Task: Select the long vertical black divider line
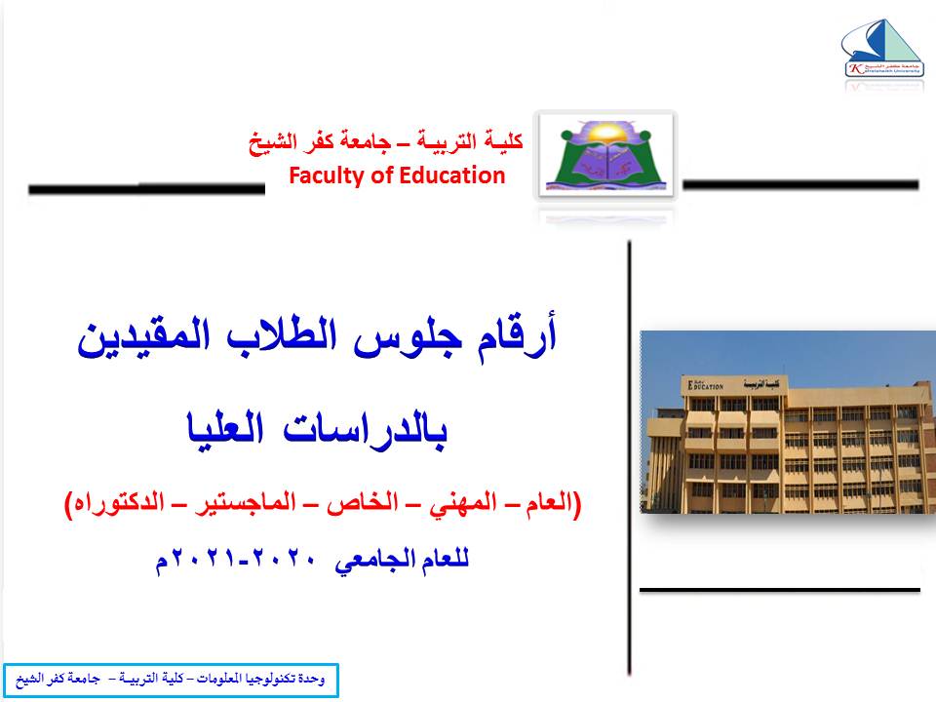pyautogui.click(x=629, y=458)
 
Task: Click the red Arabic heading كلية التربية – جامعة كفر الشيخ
pyautogui.click(x=386, y=142)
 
